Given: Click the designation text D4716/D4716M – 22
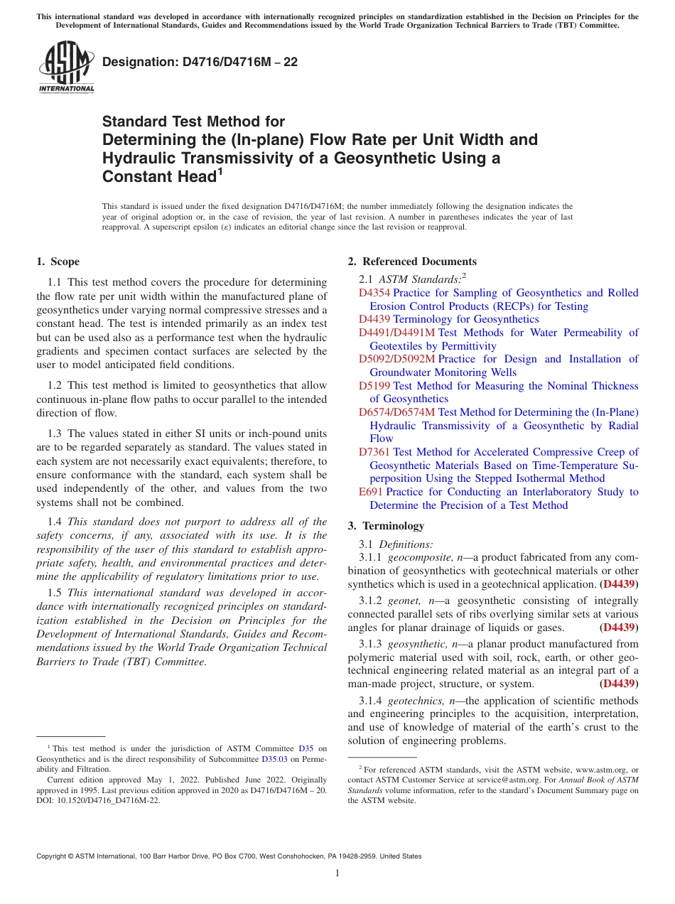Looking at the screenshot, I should (200, 63).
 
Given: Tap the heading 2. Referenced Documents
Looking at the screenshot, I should (412, 262).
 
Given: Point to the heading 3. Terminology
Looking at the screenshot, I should (386, 526).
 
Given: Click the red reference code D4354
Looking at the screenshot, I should (374, 293).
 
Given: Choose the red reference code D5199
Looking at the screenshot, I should (374, 386).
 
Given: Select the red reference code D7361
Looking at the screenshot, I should (374, 452).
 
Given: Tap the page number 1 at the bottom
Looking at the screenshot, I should (337, 873).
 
